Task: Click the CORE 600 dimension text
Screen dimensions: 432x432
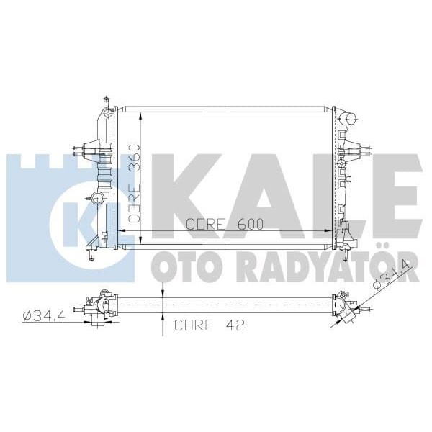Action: point(224,224)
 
